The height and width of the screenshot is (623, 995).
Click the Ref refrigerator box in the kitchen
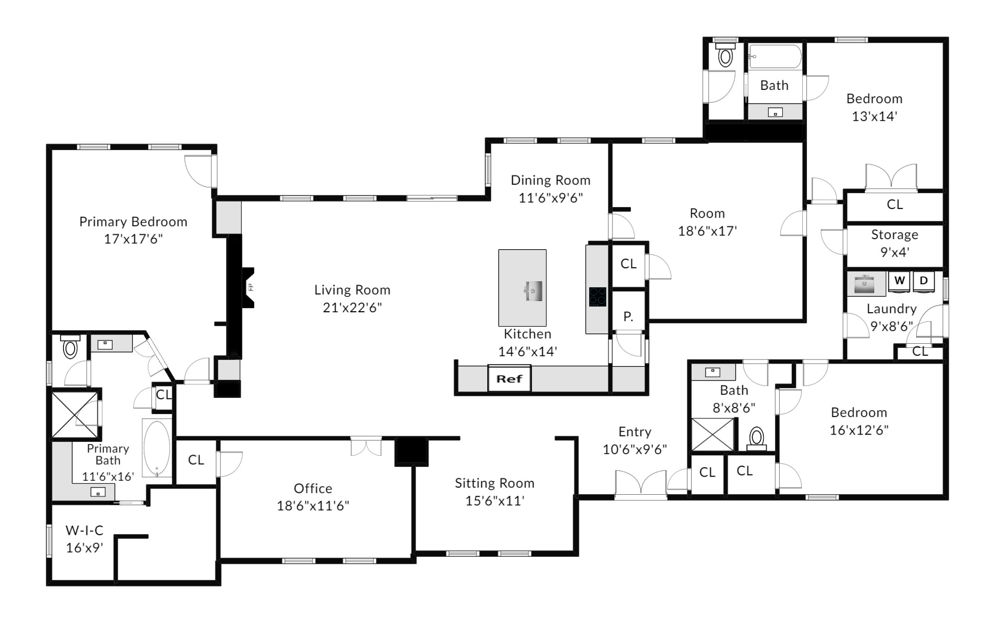(x=509, y=378)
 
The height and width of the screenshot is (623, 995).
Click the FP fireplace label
(x=251, y=287)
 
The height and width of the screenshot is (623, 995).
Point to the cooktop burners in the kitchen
(x=598, y=297)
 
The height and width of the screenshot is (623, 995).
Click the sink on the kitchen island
(x=534, y=290)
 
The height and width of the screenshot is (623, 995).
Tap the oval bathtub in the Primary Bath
(x=157, y=448)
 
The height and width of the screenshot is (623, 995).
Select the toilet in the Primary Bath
(x=70, y=346)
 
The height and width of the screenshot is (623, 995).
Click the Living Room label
(x=352, y=290)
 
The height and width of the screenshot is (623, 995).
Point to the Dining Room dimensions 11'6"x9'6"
(x=550, y=198)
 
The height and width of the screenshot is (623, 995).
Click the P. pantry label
(x=628, y=316)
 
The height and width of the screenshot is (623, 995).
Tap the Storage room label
(x=894, y=235)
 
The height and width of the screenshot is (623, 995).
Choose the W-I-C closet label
(x=84, y=530)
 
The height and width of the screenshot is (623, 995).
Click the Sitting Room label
(x=494, y=483)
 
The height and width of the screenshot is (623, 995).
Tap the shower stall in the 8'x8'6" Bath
(x=712, y=434)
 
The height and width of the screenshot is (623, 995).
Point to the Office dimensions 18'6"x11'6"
(x=313, y=505)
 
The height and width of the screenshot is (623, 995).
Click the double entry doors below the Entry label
(x=641, y=484)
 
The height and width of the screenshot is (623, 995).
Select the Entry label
(x=635, y=432)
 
